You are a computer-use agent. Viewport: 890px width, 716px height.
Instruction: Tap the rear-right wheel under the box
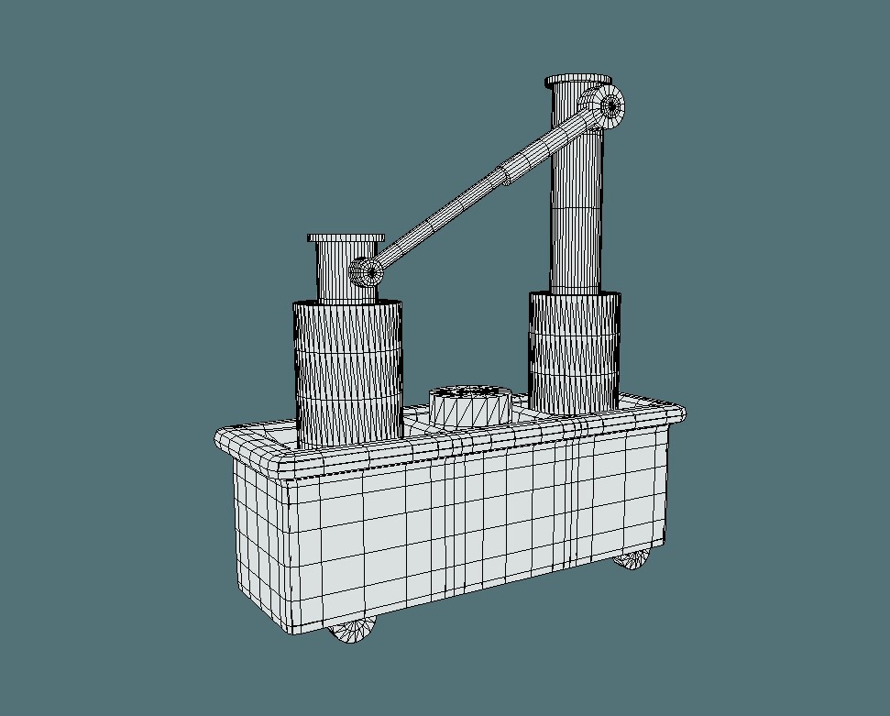[x=631, y=557]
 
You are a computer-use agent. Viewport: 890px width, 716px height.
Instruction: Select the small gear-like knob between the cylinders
[x=469, y=404]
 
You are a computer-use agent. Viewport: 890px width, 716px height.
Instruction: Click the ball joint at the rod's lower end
[x=367, y=271]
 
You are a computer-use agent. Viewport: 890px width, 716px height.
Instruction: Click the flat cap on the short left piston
[x=346, y=238]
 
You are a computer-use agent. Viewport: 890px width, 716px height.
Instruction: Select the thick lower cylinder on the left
[x=347, y=371]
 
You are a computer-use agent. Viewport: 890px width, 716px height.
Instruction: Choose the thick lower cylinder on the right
[x=575, y=353]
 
